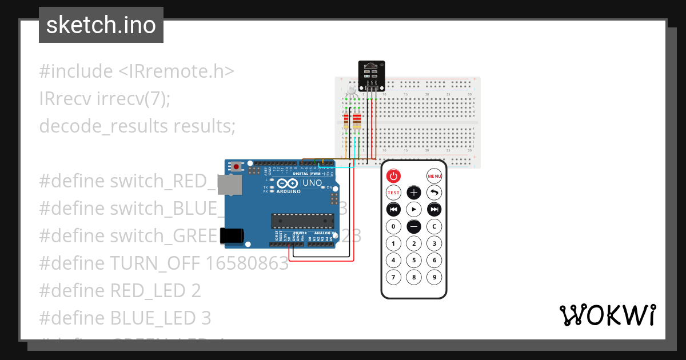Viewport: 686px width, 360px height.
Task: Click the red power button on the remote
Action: [x=393, y=176]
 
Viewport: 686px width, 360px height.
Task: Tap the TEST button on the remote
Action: [x=393, y=193]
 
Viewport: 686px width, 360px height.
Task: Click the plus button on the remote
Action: [x=414, y=193]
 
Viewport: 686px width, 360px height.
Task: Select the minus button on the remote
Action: [x=414, y=226]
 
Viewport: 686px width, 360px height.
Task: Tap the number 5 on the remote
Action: [x=414, y=261]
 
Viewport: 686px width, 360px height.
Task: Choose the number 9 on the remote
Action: [x=434, y=278]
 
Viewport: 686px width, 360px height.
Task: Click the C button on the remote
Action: [x=434, y=226]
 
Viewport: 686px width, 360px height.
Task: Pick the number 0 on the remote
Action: [x=393, y=226]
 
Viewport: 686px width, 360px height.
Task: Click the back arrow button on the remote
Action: [x=434, y=193]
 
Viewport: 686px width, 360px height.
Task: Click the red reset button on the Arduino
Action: [x=236, y=167]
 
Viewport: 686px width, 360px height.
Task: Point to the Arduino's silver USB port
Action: [x=230, y=185]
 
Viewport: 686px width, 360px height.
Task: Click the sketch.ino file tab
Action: [x=101, y=25]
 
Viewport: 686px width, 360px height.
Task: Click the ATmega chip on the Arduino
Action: [x=302, y=221]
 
